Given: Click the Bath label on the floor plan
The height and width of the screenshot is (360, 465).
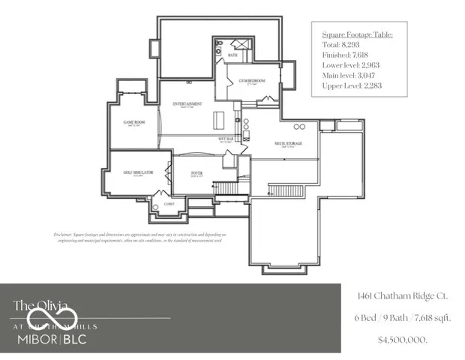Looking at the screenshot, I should (233, 55).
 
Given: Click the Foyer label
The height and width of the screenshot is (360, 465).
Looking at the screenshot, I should (196, 173).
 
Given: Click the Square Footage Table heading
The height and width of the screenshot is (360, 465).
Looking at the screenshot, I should (357, 35).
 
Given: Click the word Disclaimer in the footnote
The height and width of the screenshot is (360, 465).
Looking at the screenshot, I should (66, 234).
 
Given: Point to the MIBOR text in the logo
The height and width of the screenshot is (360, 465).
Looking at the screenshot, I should (36, 338).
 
